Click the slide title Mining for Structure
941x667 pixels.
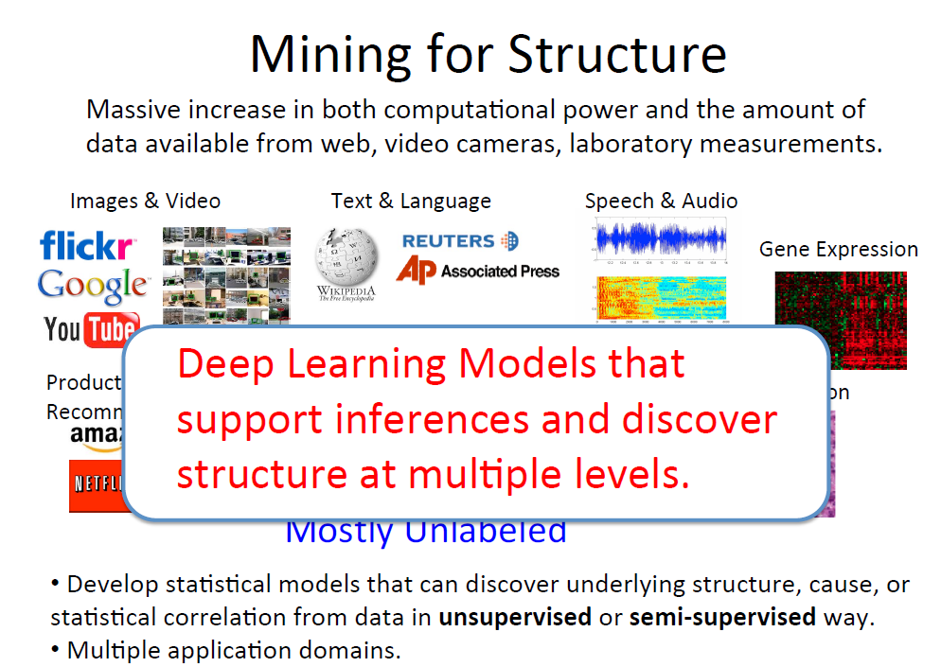(488, 54)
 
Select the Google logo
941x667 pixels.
(93, 284)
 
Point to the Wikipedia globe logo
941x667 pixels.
(346, 256)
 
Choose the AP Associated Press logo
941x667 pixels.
(477, 272)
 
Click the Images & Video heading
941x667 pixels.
(145, 201)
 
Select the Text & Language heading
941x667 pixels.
(411, 201)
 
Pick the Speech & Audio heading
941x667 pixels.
(661, 201)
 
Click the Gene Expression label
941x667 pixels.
(838, 249)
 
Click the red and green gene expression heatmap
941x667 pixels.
(841, 307)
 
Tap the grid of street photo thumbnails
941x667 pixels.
(226, 273)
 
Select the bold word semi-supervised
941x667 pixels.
(722, 618)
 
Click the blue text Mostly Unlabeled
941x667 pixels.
(426, 533)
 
